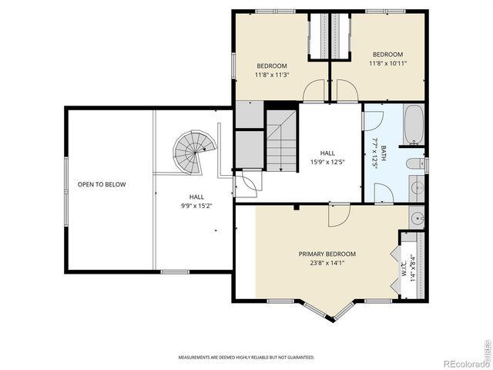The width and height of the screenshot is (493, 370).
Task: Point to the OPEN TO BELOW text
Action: click(x=101, y=185)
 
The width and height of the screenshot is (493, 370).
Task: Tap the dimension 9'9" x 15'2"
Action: click(x=196, y=206)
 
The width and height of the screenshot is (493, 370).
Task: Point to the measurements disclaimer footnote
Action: click(x=246, y=358)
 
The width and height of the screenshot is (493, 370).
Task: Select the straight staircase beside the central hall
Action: click(x=280, y=140)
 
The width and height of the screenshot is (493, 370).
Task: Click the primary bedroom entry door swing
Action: click(x=337, y=215)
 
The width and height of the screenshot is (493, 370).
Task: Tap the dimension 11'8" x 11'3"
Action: click(x=271, y=76)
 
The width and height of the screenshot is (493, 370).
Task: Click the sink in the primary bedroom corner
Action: click(x=417, y=218)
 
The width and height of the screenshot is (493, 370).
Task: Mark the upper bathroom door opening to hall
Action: click(x=373, y=120)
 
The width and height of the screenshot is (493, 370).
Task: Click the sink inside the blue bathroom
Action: click(x=416, y=187)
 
